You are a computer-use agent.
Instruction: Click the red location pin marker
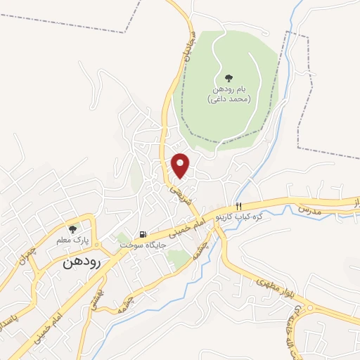tap(181, 165)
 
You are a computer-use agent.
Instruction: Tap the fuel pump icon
tap(143, 234)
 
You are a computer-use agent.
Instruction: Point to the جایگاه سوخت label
tap(141, 245)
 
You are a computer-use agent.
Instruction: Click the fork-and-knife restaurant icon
tap(239, 206)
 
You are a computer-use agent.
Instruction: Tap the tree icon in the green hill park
tap(228, 78)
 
